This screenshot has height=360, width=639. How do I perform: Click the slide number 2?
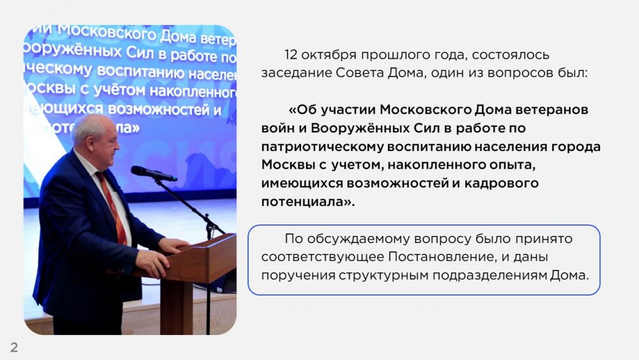pyautogui.click(x=14, y=347)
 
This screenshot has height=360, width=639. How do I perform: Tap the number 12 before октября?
pyautogui.click(x=291, y=54)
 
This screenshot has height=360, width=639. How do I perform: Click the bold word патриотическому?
pyautogui.click(x=321, y=147)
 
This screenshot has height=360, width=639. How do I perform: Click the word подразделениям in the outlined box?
pyautogui.click(x=489, y=276)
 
